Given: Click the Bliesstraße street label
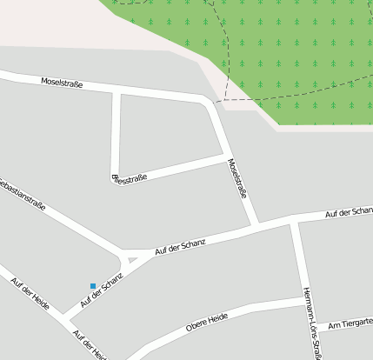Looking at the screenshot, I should [130, 178].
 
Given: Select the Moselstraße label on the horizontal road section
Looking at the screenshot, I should [62, 83].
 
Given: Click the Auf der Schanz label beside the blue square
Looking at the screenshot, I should [102, 290].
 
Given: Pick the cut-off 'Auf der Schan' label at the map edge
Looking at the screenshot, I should [349, 213].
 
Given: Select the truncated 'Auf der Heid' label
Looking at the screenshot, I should [90, 345].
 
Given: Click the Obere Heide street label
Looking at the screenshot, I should [207, 323].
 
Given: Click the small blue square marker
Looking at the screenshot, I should [93, 285].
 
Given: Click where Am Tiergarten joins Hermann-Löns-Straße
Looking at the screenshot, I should [312, 328].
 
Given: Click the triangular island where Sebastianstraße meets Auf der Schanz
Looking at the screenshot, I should [130, 258].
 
